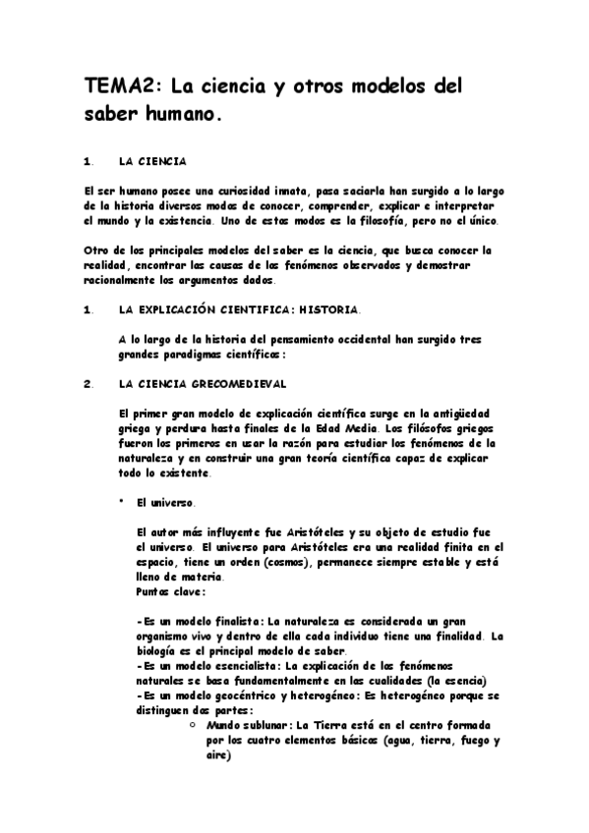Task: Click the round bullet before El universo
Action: click(x=119, y=501)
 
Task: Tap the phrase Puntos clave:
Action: click(x=171, y=591)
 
